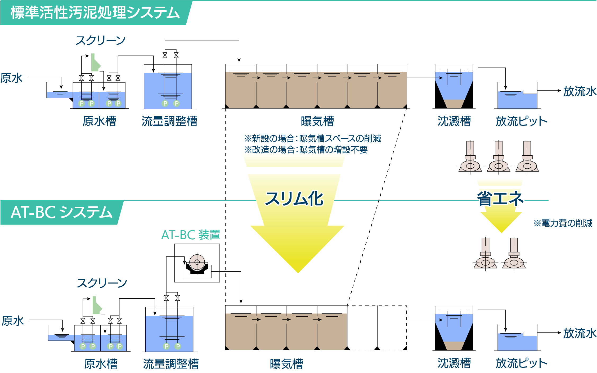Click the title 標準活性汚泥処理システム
pyautogui.click(x=95, y=13)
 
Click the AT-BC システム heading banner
pyautogui.click(x=61, y=213)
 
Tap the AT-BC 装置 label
pyautogui.click(x=191, y=235)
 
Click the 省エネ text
pyautogui.click(x=500, y=199)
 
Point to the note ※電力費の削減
pyautogui.click(x=563, y=223)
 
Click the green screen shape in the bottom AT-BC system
pyautogui.click(x=96, y=306)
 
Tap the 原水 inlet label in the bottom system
pyautogui.click(x=13, y=321)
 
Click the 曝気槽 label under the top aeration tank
pyautogui.click(x=317, y=121)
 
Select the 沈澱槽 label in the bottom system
pyautogui.click(x=454, y=363)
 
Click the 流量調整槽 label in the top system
pyautogui.click(x=169, y=121)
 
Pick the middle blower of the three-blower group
pyautogui.click(x=499, y=158)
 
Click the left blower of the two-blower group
pyautogui.click(x=485, y=254)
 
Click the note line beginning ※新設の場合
pyautogui.click(x=312, y=138)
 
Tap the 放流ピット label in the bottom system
pyautogui.click(x=521, y=363)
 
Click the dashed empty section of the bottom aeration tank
pyautogui.click(x=377, y=328)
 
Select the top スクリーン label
pyautogui.click(x=100, y=41)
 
